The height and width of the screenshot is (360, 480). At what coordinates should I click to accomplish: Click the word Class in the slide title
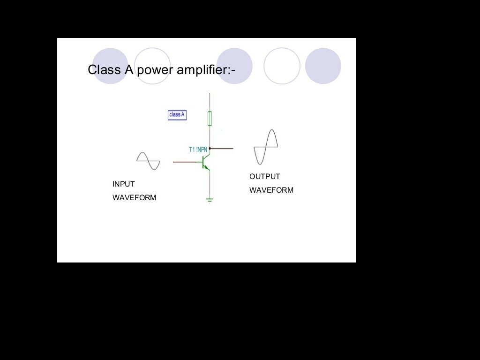[x=104, y=70]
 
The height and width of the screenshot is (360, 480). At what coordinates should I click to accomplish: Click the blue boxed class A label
[x=177, y=115]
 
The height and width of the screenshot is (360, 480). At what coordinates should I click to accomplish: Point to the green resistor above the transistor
[x=210, y=119]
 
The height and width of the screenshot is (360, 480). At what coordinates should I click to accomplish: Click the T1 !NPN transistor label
[x=198, y=150]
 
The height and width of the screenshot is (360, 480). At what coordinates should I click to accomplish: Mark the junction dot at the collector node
[x=210, y=148]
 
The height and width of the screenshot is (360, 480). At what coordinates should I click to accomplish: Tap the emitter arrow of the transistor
[x=207, y=167]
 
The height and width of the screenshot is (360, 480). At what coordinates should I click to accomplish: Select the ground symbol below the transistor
[x=210, y=200]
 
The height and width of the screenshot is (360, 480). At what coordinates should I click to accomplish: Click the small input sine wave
[x=148, y=161]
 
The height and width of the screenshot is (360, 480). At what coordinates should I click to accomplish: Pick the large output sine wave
[x=266, y=147]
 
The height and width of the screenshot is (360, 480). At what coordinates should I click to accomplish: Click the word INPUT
[x=123, y=184]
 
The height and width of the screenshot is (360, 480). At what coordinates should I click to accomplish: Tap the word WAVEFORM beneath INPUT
[x=134, y=198]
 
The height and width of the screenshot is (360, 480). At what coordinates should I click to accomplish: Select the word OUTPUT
[x=264, y=177]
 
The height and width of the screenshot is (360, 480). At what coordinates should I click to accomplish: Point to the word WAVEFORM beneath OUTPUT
[x=271, y=190]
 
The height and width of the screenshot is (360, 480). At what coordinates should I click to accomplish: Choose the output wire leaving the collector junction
[x=222, y=148]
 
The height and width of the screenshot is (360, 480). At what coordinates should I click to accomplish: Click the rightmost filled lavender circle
[x=323, y=66]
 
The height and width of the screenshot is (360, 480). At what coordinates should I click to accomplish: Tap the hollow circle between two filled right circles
[x=282, y=66]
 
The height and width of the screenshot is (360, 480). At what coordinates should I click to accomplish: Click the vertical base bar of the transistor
[x=203, y=162]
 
